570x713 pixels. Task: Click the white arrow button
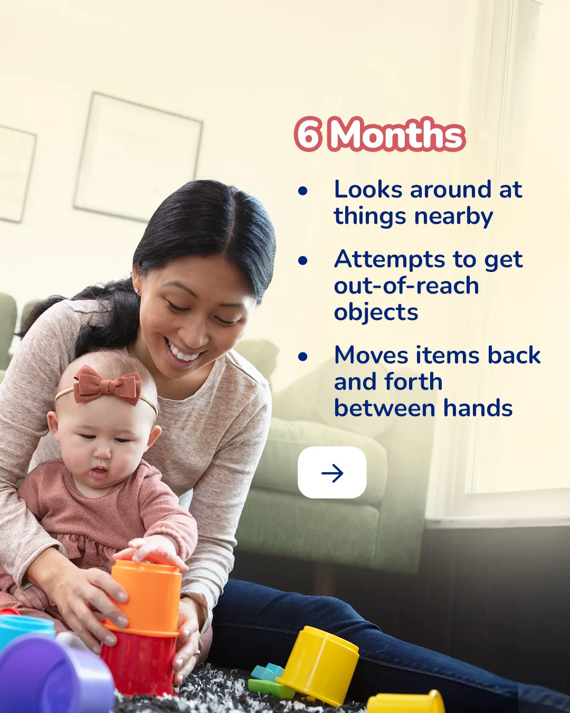point(332,473)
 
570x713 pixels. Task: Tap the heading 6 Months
point(379,134)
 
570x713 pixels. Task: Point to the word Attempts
point(389,259)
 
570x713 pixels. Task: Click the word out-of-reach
point(406,286)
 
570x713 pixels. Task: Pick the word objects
point(376,313)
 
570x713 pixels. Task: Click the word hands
point(478,408)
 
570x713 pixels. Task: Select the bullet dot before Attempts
point(303,260)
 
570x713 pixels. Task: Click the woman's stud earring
point(137,290)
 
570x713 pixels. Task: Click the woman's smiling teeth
point(180,352)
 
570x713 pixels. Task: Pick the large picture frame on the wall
point(138,157)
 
